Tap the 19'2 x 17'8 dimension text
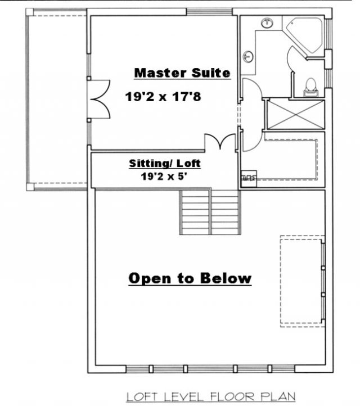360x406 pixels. coord(163,97)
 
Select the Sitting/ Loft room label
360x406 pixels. coord(165,164)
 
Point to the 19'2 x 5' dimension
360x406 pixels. coord(164,177)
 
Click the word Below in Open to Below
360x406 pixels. coord(226,278)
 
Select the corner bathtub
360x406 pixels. coord(304,35)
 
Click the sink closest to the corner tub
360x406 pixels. coord(267,23)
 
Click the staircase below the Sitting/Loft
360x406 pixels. coord(210,212)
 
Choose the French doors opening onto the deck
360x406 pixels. coord(101,100)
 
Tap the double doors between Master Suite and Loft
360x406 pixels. coord(220,142)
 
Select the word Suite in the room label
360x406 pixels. coord(211,73)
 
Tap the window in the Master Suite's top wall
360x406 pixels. coord(209,12)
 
